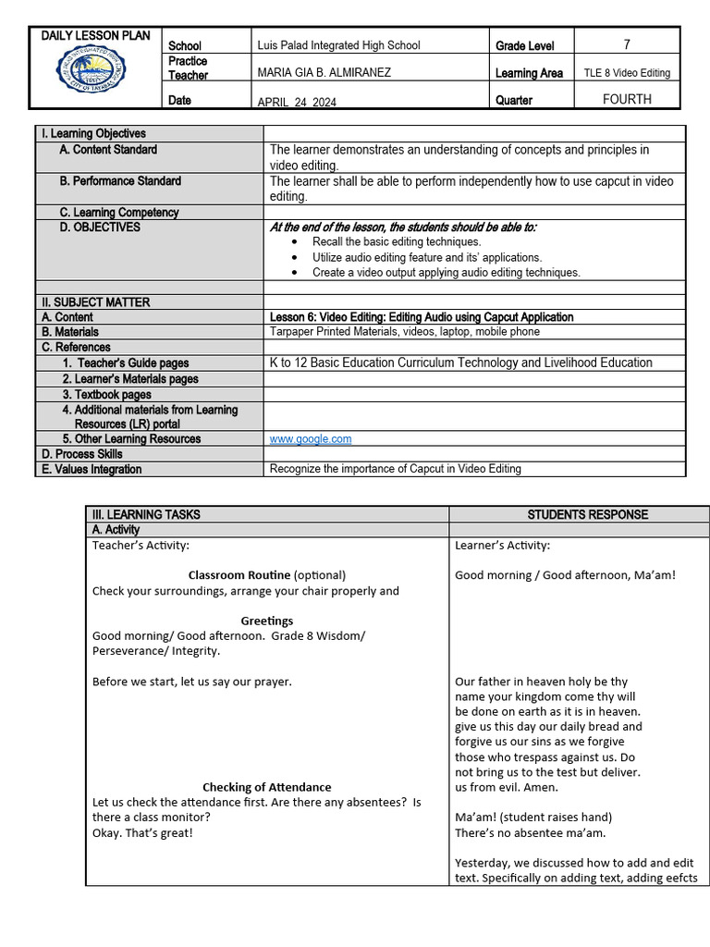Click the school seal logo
92,78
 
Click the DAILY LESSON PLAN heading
95,36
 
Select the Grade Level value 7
626,44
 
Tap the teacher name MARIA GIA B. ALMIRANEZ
324,72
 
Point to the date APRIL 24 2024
297,103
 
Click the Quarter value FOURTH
626,99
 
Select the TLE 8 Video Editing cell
627,73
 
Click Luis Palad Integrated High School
338,45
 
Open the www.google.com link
310,439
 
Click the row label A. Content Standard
108,150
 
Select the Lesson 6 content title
421,317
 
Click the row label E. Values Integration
92,469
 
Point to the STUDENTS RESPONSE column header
587,514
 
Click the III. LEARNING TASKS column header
146,514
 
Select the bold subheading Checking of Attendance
266,787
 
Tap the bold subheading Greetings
266,621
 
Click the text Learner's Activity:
502,545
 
